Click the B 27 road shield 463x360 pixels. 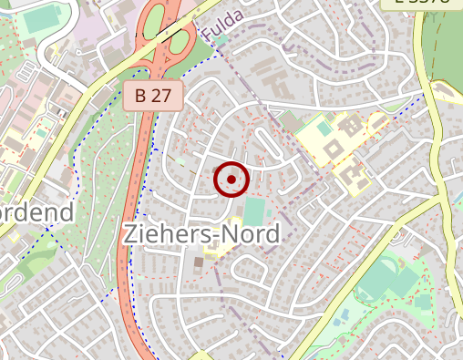coord(153,96)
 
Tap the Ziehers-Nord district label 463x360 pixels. coord(201,234)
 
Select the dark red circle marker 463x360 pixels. coord(231,180)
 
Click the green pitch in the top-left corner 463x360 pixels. coord(39,19)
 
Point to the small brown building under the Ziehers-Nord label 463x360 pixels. coord(199,262)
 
